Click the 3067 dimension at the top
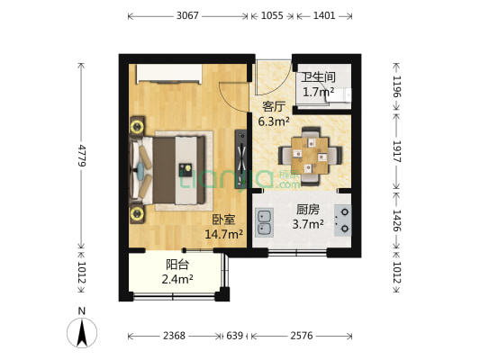[x=187, y=16]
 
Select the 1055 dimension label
[x=272, y=16]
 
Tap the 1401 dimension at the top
[x=323, y=16]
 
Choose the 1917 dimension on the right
[x=396, y=151]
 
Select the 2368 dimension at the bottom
[x=174, y=336]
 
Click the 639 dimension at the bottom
[x=234, y=336]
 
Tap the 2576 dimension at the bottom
[x=302, y=336]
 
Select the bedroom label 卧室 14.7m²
[x=224, y=227]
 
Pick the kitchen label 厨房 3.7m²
[x=308, y=217]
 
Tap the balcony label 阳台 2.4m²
[x=177, y=272]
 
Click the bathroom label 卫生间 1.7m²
[x=318, y=85]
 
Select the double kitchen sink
[x=264, y=221]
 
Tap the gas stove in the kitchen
[x=343, y=221]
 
